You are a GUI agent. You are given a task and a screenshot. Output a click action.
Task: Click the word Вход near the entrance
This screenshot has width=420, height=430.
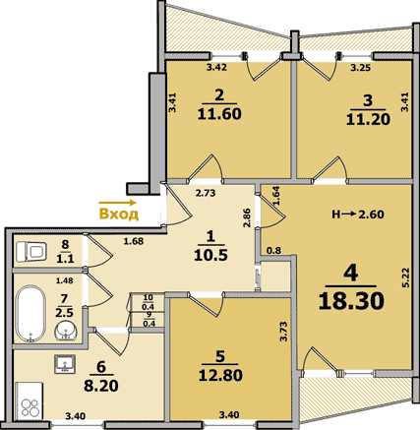(x=119, y=214)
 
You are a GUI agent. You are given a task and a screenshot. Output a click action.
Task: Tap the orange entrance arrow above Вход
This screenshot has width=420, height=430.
(x=117, y=203)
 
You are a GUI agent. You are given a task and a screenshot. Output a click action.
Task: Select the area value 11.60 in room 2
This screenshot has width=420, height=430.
(x=219, y=114)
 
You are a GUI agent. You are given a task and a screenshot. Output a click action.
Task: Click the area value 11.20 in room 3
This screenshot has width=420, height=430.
(x=368, y=119)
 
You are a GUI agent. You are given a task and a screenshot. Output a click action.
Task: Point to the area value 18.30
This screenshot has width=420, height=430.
(x=351, y=301)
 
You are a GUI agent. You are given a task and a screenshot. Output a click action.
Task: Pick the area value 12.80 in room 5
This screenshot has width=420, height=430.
(x=220, y=375)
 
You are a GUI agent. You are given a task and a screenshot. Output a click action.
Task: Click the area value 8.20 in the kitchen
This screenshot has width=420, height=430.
(x=101, y=386)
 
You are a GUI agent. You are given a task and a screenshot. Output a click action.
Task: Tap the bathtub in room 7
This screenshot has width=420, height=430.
(x=31, y=313)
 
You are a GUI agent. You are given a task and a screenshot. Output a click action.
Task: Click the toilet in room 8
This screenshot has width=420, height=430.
(x=30, y=252)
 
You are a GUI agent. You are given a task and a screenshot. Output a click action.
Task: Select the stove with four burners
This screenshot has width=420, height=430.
(x=30, y=400)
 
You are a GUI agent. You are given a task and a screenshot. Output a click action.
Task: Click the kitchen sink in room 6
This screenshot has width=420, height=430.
(x=65, y=364)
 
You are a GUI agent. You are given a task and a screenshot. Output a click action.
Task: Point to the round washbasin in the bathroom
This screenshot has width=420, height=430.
(x=66, y=331)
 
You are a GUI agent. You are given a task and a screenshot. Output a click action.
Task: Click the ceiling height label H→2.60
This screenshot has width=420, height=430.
(x=358, y=215)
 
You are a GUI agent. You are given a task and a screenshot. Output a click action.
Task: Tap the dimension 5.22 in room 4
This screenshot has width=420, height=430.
(x=406, y=278)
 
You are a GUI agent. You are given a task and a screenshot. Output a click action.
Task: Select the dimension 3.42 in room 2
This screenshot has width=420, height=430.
(x=216, y=68)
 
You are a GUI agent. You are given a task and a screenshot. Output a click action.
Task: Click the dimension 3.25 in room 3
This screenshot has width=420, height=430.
(x=361, y=68)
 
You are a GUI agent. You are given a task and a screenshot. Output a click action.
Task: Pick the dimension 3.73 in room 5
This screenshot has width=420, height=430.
(x=284, y=332)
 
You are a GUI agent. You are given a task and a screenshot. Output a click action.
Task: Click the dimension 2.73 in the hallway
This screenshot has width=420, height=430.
(x=206, y=193)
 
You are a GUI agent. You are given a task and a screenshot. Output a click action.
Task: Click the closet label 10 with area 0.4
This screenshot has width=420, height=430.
(x=149, y=302)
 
